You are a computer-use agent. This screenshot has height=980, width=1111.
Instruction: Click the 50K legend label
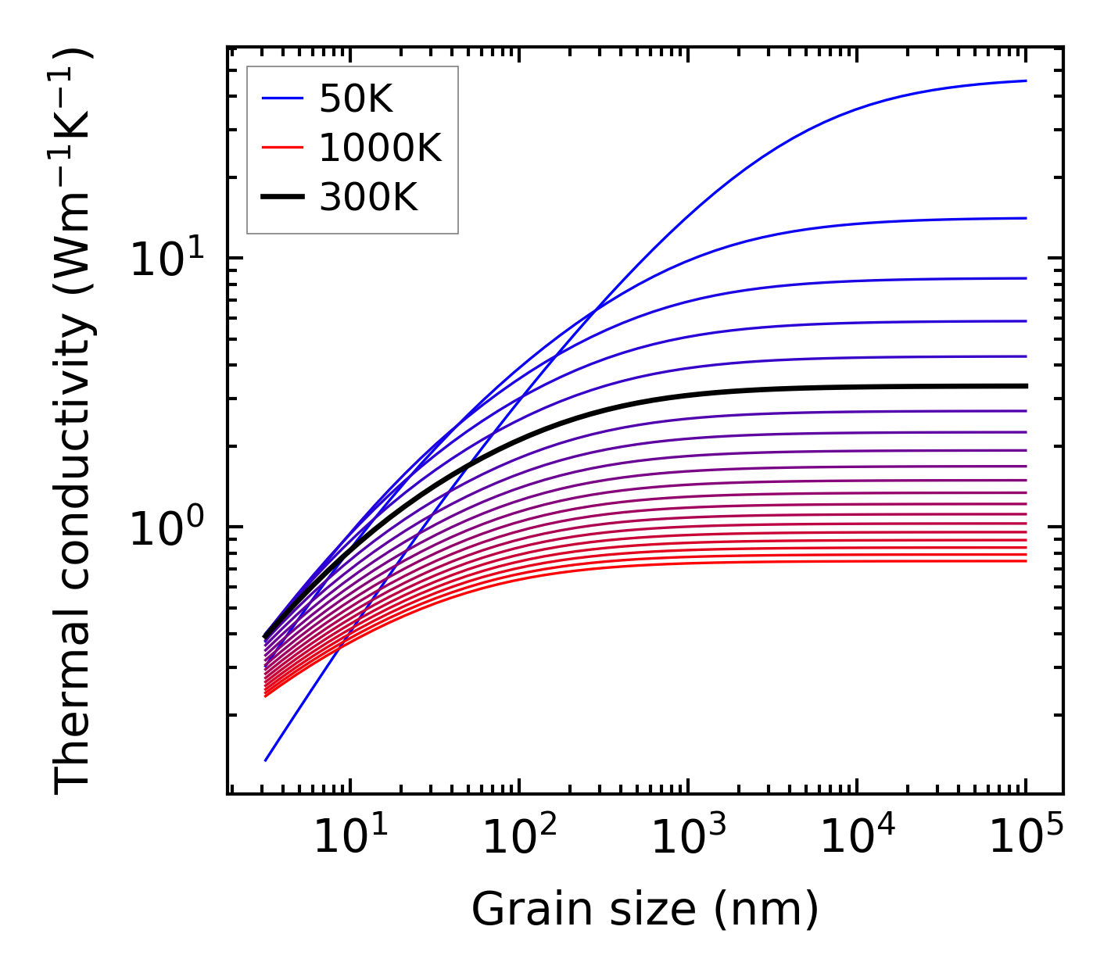coord(355,98)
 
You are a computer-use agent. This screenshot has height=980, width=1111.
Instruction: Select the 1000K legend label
coord(380,148)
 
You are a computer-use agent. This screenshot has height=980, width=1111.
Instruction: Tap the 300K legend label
coord(368,198)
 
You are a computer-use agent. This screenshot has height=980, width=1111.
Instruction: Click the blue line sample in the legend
coord(282,98)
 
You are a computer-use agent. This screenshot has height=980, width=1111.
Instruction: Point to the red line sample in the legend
coord(282,148)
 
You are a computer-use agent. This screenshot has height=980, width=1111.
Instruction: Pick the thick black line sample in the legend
coord(282,198)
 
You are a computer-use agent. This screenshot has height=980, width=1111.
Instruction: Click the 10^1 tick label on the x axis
coord(349,840)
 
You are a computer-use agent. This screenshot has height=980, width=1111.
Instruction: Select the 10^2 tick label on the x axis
coord(518,840)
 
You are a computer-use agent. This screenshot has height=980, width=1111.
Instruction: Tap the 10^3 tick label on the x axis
coord(687,840)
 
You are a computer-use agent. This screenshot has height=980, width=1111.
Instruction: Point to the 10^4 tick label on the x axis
coord(856,840)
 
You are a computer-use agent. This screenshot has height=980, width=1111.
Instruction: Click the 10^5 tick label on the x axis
coord(1025,840)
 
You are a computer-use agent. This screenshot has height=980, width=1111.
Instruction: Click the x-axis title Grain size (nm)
coord(645,910)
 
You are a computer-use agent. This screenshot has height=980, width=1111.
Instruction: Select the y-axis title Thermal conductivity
coord(74,422)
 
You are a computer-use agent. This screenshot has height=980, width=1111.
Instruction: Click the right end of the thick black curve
coord(1025,386)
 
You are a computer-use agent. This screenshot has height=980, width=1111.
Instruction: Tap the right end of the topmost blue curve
coord(1025,80)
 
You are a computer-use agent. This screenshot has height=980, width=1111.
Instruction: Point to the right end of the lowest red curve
coord(1025,560)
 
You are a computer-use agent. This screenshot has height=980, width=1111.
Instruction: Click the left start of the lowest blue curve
coord(266,760)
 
